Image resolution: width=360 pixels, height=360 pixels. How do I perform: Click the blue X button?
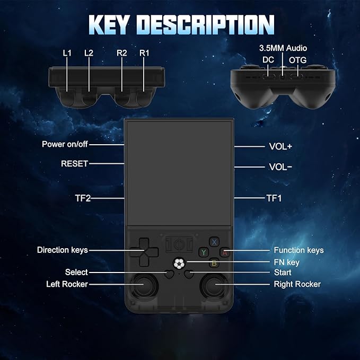pos(214,242)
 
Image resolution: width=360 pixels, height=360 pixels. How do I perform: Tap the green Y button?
pos(204,252)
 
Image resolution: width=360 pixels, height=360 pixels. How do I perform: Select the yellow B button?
pos(214,263)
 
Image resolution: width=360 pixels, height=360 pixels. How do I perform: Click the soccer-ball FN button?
pos(179,264)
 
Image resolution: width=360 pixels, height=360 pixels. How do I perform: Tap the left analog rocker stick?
pos(145,285)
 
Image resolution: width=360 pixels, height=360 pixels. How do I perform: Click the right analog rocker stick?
pos(214,285)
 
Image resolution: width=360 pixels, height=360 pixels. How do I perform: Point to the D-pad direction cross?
pos(144,252)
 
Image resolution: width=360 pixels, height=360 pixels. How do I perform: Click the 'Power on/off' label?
pos(65,144)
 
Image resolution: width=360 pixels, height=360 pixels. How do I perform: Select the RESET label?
pos(75,164)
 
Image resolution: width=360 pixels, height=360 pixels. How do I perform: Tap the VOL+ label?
pos(280,146)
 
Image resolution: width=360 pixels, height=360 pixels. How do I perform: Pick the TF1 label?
pos(274,198)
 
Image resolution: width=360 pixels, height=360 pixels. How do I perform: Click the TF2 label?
pos(83,198)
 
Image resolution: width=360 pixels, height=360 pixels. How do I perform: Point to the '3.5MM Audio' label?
pos(283,48)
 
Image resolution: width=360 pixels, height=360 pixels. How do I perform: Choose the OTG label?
pos(297,60)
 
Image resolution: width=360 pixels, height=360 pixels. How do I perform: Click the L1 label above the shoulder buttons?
pos(67,53)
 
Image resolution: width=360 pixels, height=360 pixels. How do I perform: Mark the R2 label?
pos(122,53)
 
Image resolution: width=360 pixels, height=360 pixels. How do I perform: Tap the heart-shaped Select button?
pos(170,274)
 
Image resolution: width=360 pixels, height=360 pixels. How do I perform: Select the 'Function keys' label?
pos(298,250)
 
